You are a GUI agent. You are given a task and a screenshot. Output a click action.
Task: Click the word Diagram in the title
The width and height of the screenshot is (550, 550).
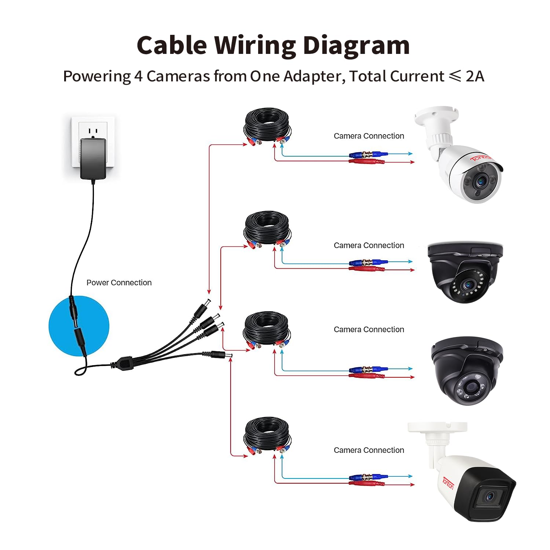(356, 46)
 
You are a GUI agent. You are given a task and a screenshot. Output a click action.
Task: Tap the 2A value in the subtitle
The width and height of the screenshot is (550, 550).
(475, 76)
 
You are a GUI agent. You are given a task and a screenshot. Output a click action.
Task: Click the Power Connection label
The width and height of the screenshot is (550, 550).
(119, 283)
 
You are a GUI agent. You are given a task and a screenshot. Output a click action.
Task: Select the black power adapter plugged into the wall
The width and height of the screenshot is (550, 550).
(93, 158)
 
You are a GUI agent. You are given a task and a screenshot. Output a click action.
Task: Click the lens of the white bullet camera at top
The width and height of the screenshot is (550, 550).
(480, 181)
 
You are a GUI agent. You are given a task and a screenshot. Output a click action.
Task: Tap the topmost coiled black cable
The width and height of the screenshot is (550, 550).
(267, 125)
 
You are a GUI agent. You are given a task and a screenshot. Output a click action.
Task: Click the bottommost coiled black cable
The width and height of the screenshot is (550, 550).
(267, 435)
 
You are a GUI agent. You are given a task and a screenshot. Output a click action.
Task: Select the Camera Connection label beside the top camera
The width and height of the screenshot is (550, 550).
(369, 136)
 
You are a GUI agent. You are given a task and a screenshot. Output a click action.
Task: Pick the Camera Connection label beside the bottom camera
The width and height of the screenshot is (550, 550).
(369, 450)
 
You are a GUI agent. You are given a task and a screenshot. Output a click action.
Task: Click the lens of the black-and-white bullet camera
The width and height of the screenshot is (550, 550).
(489, 497)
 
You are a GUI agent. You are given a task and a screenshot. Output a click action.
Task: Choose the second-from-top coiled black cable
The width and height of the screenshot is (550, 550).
(267, 229)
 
